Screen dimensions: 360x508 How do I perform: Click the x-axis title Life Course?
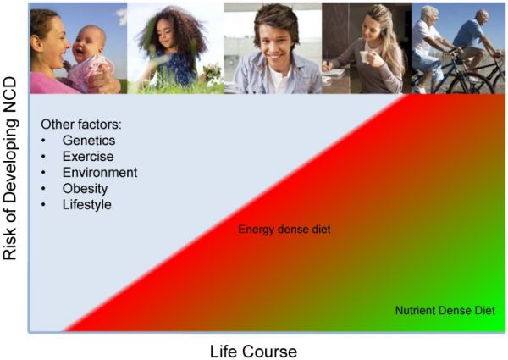tap(253, 350)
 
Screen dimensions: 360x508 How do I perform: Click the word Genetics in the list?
tap(88, 141)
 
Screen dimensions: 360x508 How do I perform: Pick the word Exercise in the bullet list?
tap(87, 157)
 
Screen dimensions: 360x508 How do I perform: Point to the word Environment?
tap(99, 173)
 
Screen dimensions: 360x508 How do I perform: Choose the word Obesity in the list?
tap(86, 189)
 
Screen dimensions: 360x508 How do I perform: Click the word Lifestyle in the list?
tap(86, 205)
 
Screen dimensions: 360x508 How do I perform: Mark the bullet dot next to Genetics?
tap(44, 141)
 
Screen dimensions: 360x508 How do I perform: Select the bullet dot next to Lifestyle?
tap(44, 205)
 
